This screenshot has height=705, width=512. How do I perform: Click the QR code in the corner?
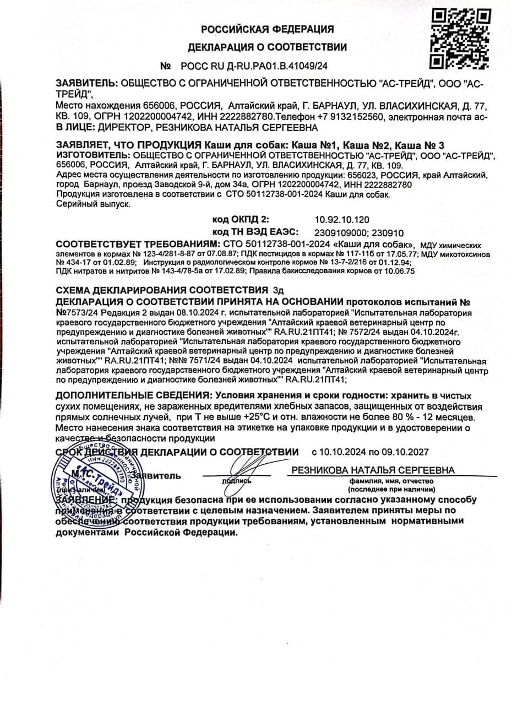tap(460, 35)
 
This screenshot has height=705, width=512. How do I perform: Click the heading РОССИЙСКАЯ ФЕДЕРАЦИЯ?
tap(267, 29)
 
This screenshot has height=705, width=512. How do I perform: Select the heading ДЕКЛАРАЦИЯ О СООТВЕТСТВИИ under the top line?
tap(268, 47)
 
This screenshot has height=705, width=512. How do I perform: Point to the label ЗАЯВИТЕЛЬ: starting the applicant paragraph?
tap(86, 84)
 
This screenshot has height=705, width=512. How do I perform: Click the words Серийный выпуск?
tap(94, 204)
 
